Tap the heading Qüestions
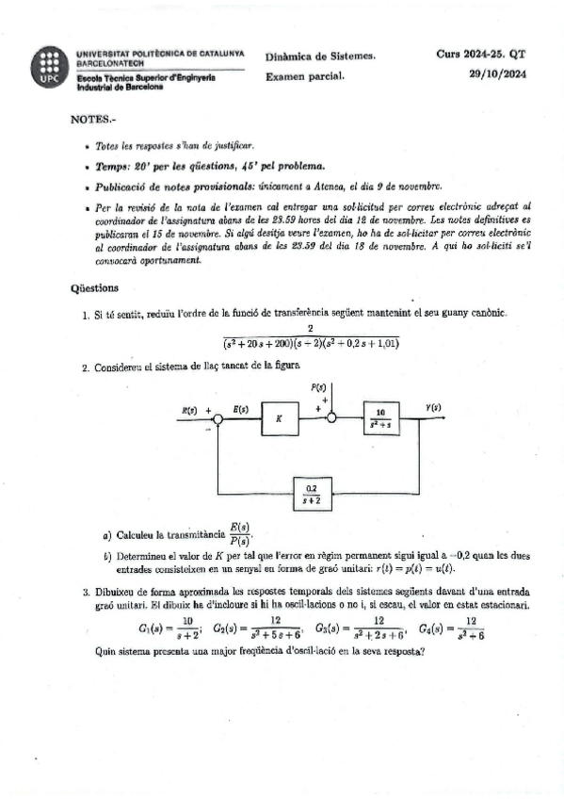click(94, 287)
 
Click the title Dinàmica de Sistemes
click(320, 56)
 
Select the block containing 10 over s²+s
click(383, 416)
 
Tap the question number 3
click(86, 591)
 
